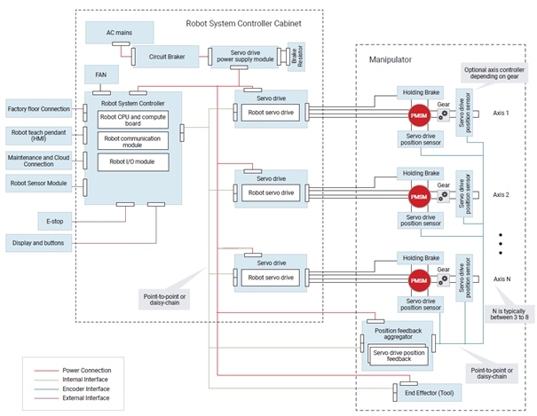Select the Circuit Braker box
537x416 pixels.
[159, 58]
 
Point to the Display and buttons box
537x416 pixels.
[41, 241]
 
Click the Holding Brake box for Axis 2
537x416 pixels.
[419, 174]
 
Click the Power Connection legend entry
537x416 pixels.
[86, 369]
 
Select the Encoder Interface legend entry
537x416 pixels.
[86, 389]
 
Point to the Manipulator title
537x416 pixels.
[391, 59]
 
